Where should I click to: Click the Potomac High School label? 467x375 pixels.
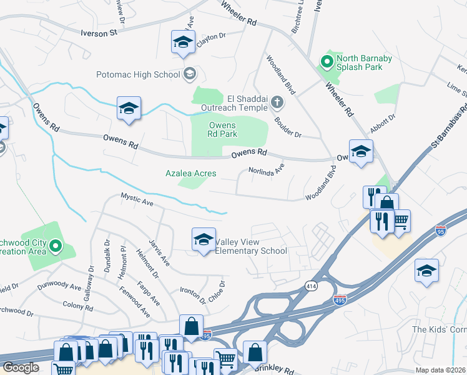tap(138, 75)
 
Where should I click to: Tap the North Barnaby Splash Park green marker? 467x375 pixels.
tap(325, 62)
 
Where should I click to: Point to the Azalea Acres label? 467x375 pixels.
tap(190, 173)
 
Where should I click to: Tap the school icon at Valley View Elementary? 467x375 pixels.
tap(204, 239)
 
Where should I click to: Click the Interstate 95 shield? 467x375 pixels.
tap(441, 230)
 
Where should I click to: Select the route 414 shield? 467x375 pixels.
tap(310, 286)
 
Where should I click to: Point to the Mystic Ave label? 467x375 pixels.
tap(137, 201)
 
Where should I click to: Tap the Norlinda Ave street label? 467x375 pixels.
tap(266, 169)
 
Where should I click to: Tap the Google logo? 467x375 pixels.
tap(21, 367)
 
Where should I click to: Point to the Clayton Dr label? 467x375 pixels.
tap(210, 39)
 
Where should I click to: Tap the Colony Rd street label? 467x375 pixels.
tap(78, 305)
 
